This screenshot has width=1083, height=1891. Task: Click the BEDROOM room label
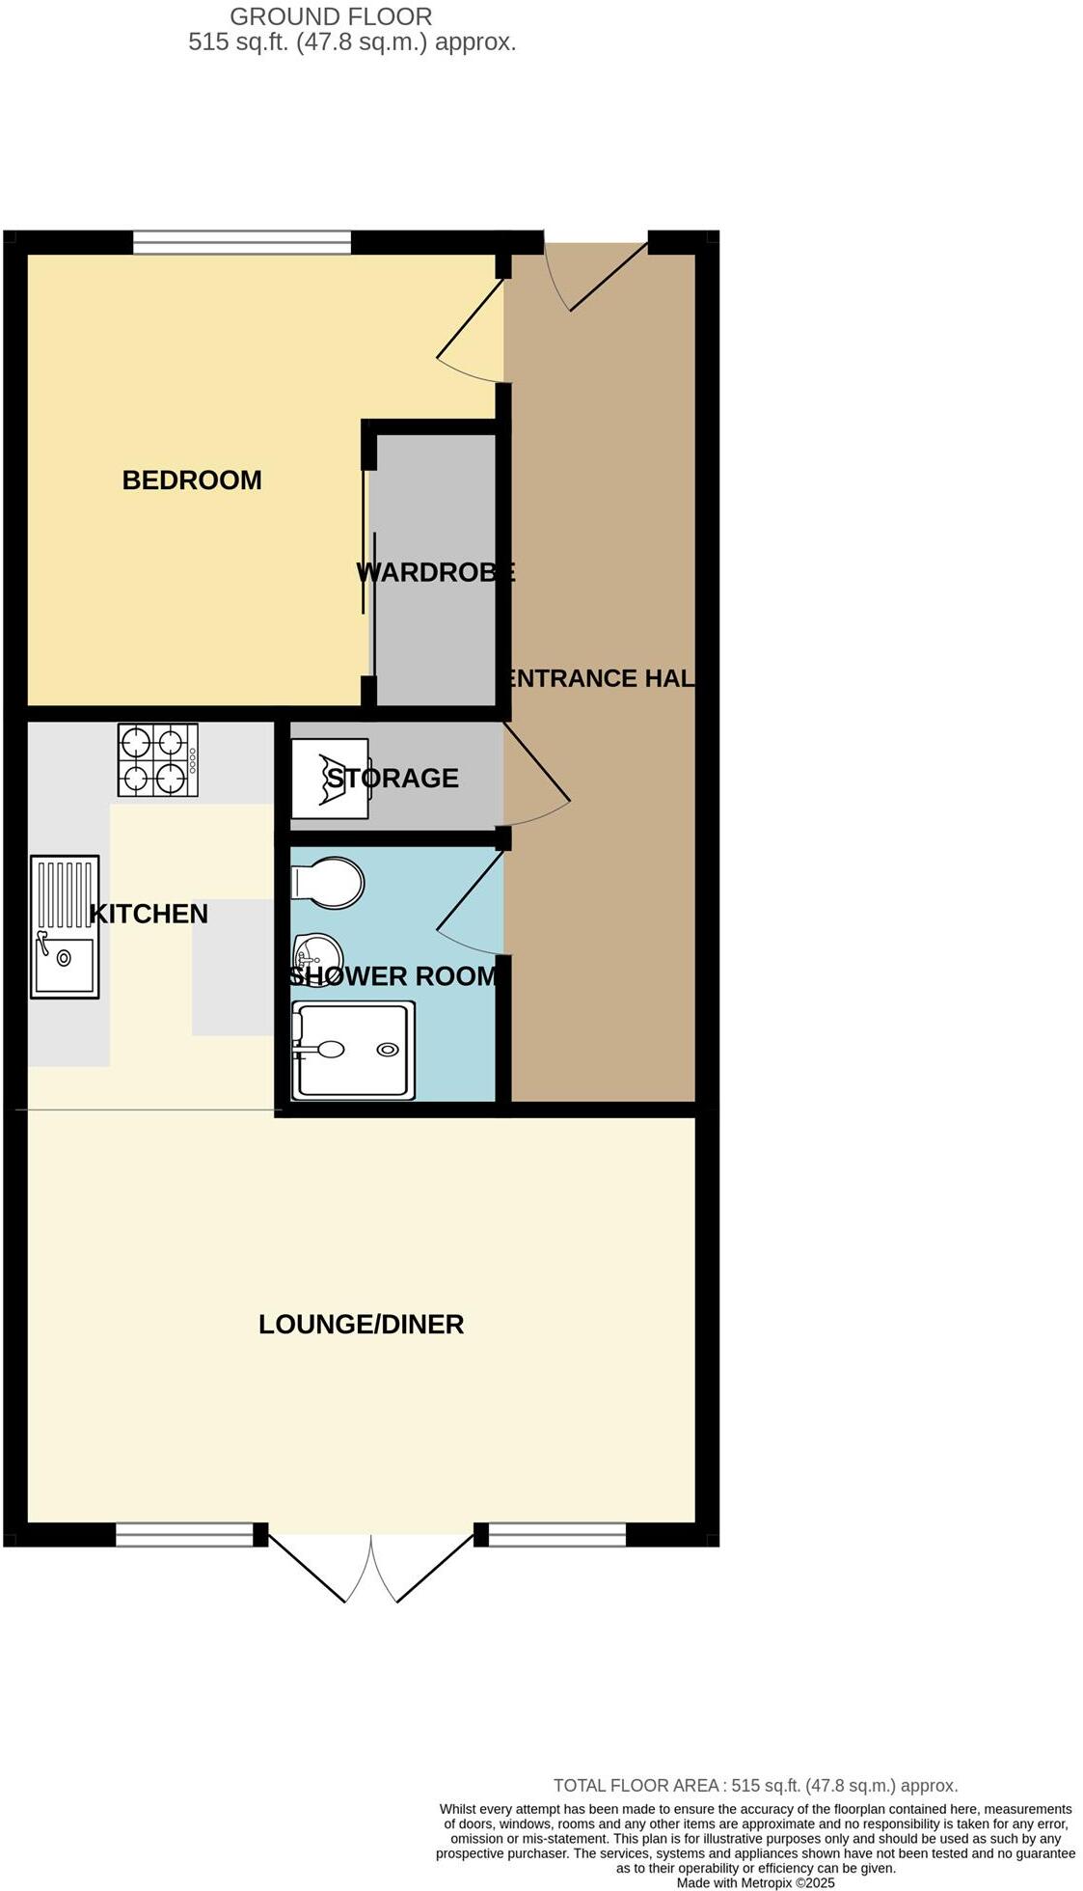click(x=192, y=480)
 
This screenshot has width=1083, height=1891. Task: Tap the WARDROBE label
click(x=436, y=572)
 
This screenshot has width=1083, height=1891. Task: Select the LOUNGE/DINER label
click(x=361, y=1324)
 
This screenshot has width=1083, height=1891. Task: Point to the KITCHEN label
click(x=149, y=914)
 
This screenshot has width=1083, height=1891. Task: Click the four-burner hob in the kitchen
click(x=158, y=759)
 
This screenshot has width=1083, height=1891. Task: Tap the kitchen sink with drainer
click(x=65, y=926)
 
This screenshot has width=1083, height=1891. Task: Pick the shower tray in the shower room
click(x=354, y=1051)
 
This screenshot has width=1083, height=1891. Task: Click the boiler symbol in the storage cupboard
click(x=330, y=778)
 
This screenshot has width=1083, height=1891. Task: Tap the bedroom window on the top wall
click(x=242, y=242)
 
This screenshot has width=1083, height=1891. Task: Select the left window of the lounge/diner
click(x=184, y=1534)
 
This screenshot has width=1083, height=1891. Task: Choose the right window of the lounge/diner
click(x=557, y=1534)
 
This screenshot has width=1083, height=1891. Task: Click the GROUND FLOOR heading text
click(x=331, y=16)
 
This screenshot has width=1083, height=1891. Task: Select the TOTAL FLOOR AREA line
click(x=755, y=1786)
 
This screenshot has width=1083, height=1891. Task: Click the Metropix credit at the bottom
click(x=755, y=1882)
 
